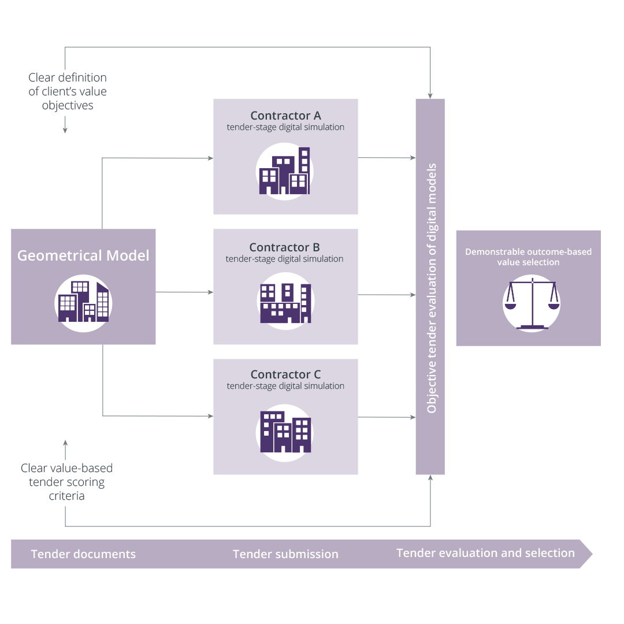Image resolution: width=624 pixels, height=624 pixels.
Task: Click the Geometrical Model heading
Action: [x=83, y=255]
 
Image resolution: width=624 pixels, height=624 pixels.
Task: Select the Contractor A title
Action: [x=285, y=116]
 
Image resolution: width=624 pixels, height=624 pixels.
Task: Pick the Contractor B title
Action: [x=284, y=247]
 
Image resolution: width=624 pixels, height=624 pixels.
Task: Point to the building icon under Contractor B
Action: [x=285, y=302]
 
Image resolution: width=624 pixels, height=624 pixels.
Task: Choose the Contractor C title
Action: [x=285, y=374]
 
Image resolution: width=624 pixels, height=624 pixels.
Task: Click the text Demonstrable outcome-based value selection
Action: [x=528, y=257]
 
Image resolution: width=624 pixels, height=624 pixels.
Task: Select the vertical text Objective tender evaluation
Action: [x=431, y=288]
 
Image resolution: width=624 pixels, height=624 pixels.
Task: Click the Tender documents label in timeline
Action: [x=83, y=554]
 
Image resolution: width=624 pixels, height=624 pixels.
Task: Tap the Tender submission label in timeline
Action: [x=285, y=554]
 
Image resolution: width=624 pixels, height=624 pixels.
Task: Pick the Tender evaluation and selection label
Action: [x=485, y=553]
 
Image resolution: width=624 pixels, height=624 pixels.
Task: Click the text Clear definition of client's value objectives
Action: [x=68, y=91]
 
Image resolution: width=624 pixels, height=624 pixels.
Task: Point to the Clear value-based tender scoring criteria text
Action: [x=66, y=482]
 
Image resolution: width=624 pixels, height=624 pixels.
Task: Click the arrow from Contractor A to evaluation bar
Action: [x=387, y=157]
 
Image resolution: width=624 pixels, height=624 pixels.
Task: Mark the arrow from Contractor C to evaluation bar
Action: [x=387, y=417]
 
